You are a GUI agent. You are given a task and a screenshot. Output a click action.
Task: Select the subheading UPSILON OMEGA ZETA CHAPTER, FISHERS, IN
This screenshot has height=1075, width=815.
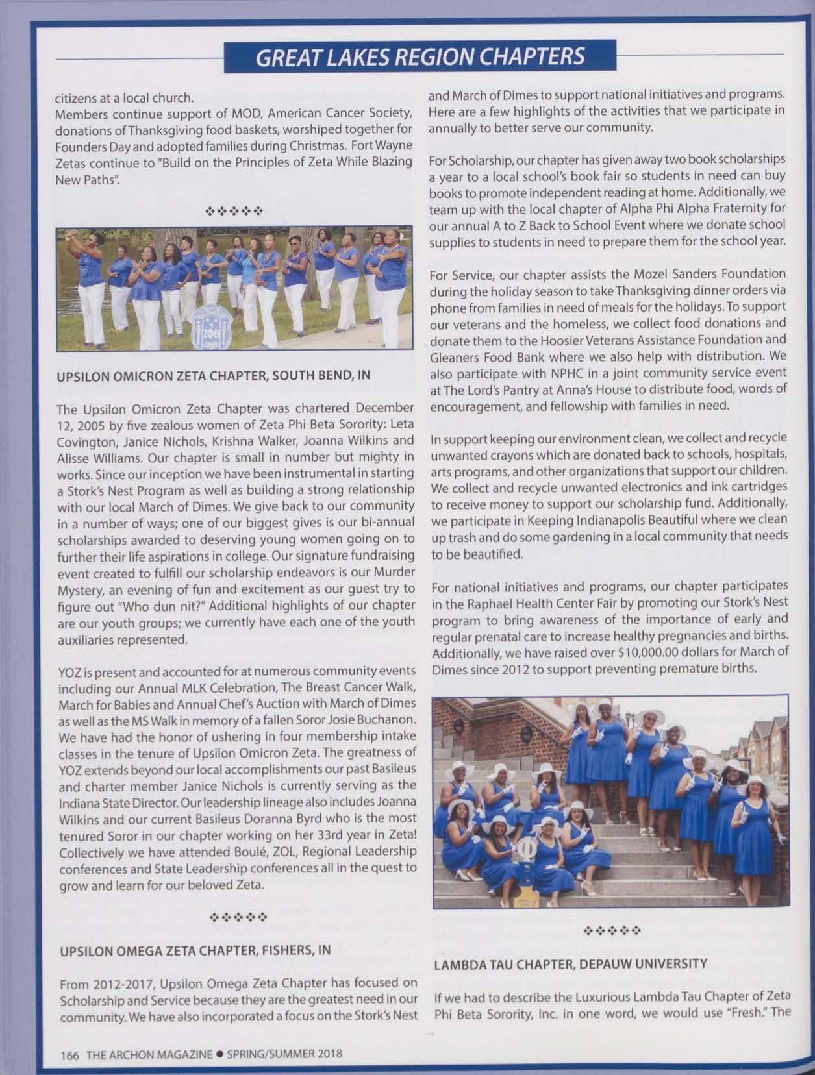[x=195, y=950]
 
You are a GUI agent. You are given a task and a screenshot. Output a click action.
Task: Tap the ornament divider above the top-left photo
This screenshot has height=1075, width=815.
[x=234, y=211]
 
